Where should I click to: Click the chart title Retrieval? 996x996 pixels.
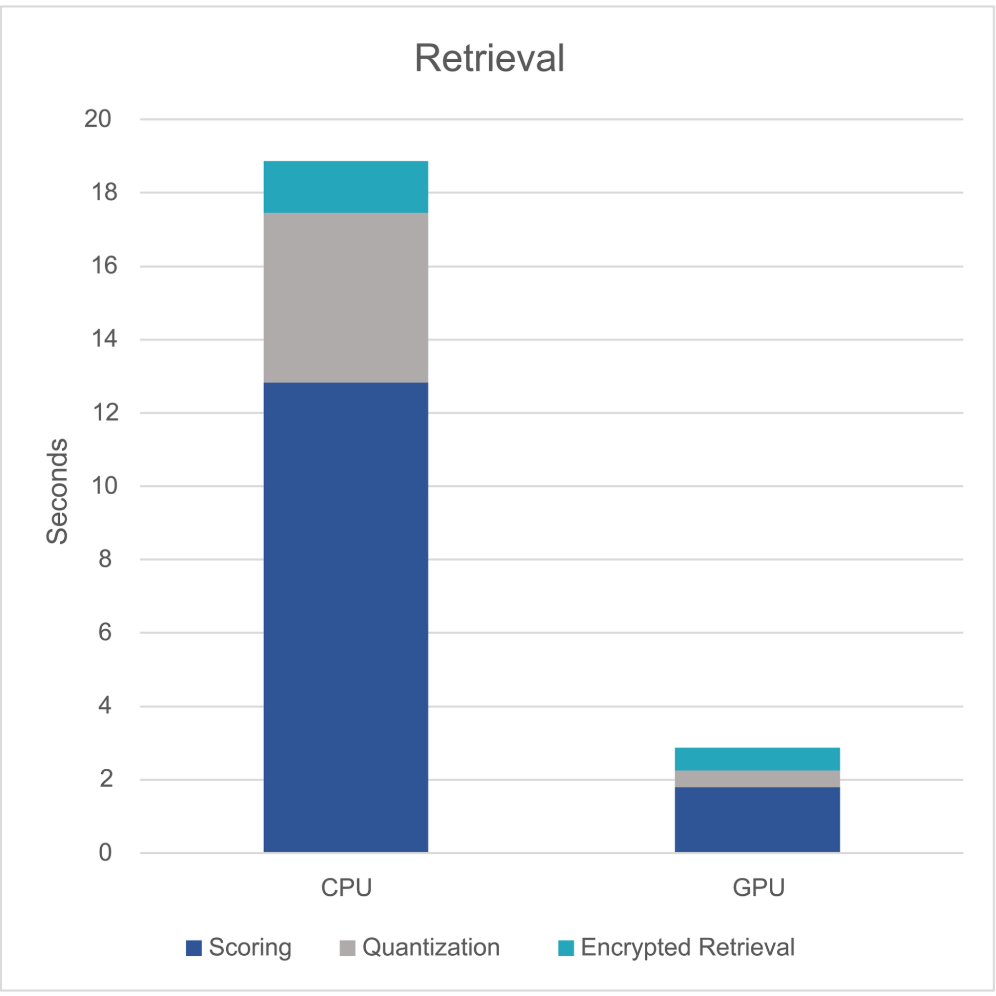(x=489, y=58)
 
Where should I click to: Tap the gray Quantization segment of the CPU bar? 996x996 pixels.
(x=345, y=297)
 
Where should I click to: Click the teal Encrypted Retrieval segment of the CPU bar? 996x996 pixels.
(x=345, y=187)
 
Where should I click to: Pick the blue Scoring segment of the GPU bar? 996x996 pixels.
(x=757, y=819)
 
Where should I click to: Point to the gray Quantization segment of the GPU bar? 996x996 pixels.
(x=757, y=778)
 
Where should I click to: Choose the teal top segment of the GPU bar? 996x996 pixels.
(x=757, y=759)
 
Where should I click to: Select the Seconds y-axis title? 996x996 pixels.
(x=57, y=491)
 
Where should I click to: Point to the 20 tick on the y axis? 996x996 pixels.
(x=98, y=119)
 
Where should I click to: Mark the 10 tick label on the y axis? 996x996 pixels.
(x=105, y=486)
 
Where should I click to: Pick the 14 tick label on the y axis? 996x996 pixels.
(x=105, y=339)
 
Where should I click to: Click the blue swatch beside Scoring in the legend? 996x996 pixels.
(x=193, y=948)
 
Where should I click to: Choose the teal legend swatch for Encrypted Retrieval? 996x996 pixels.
(x=566, y=948)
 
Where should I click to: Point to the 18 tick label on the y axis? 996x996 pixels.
(x=105, y=192)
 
